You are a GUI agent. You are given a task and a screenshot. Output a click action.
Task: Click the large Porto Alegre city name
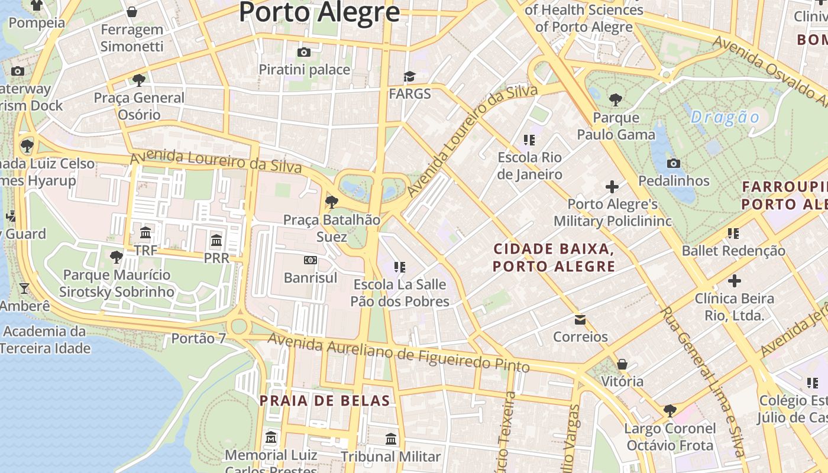[319, 12]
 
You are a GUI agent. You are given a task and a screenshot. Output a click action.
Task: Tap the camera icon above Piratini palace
[304, 52]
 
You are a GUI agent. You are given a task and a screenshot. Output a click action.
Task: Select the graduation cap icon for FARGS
[409, 76]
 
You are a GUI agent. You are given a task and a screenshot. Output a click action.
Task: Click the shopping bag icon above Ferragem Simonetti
[132, 12]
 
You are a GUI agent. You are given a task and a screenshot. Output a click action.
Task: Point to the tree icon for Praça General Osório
[139, 80]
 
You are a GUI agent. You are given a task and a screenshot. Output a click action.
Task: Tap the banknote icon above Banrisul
[310, 260]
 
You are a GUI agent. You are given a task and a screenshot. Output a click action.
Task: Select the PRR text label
[216, 258]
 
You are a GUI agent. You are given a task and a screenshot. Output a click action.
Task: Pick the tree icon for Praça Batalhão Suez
[332, 202]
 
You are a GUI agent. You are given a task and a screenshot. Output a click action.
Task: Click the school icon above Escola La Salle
[400, 267]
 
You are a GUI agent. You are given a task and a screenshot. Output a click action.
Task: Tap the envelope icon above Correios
[580, 320]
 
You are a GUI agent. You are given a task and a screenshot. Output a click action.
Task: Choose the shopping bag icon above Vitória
[622, 364]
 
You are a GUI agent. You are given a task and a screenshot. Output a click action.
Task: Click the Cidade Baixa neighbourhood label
[554, 257]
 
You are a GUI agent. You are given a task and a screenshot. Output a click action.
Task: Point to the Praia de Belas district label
[325, 401]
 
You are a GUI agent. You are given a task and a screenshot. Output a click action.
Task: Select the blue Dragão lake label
[724, 117]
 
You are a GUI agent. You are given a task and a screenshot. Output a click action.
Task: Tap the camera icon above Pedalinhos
[673, 163]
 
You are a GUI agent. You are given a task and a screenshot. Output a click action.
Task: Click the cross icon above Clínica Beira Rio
[735, 281]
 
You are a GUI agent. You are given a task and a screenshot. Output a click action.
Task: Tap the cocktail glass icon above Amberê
[24, 289]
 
